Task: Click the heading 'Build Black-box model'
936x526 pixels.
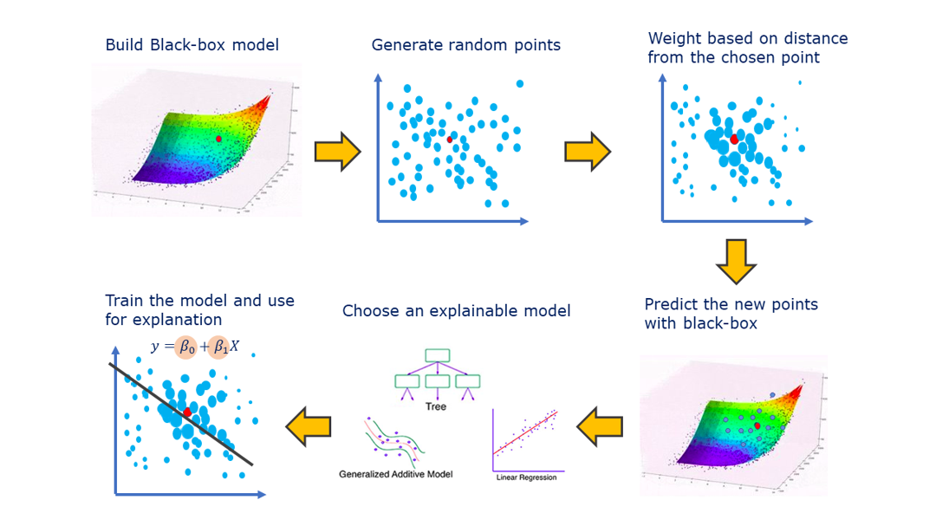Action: coord(192,45)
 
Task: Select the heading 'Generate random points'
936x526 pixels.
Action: coord(465,45)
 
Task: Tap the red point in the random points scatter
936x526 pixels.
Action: coord(450,139)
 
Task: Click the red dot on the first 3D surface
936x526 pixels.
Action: coord(218,139)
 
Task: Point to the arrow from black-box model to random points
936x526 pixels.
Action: coord(337,152)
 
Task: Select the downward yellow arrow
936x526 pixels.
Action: coord(737,262)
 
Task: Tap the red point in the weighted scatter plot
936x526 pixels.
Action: coord(734,139)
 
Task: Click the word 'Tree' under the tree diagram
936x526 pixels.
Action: coord(436,406)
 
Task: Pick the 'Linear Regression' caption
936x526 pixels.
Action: coord(526,477)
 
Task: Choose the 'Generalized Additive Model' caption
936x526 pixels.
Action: coord(395,474)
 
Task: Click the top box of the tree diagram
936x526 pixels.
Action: coord(437,354)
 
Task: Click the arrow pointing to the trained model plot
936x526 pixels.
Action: coord(309,425)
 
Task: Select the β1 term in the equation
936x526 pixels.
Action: coord(220,347)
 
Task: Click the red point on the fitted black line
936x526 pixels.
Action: coord(187,412)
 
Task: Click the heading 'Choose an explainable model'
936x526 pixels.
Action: coord(456,311)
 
